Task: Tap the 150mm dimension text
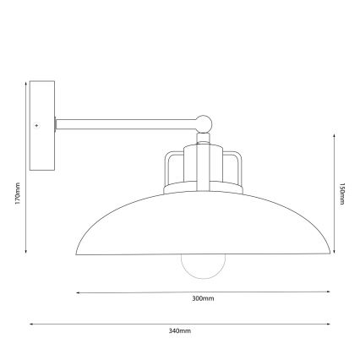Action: [x=341, y=196]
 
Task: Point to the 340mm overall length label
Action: [x=181, y=330]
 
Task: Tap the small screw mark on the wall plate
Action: [x=36, y=125]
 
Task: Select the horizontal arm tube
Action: [x=127, y=125]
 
